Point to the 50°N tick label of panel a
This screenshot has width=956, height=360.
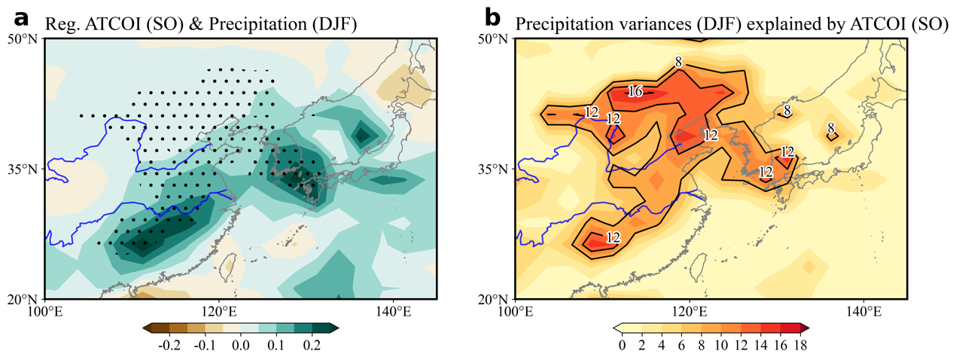pos(22,38)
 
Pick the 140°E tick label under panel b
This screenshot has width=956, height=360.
pos(863,310)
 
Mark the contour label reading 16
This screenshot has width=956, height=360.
pos(635,92)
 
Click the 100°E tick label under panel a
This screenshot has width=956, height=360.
pos(44,310)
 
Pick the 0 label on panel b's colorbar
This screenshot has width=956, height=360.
pos(621,346)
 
